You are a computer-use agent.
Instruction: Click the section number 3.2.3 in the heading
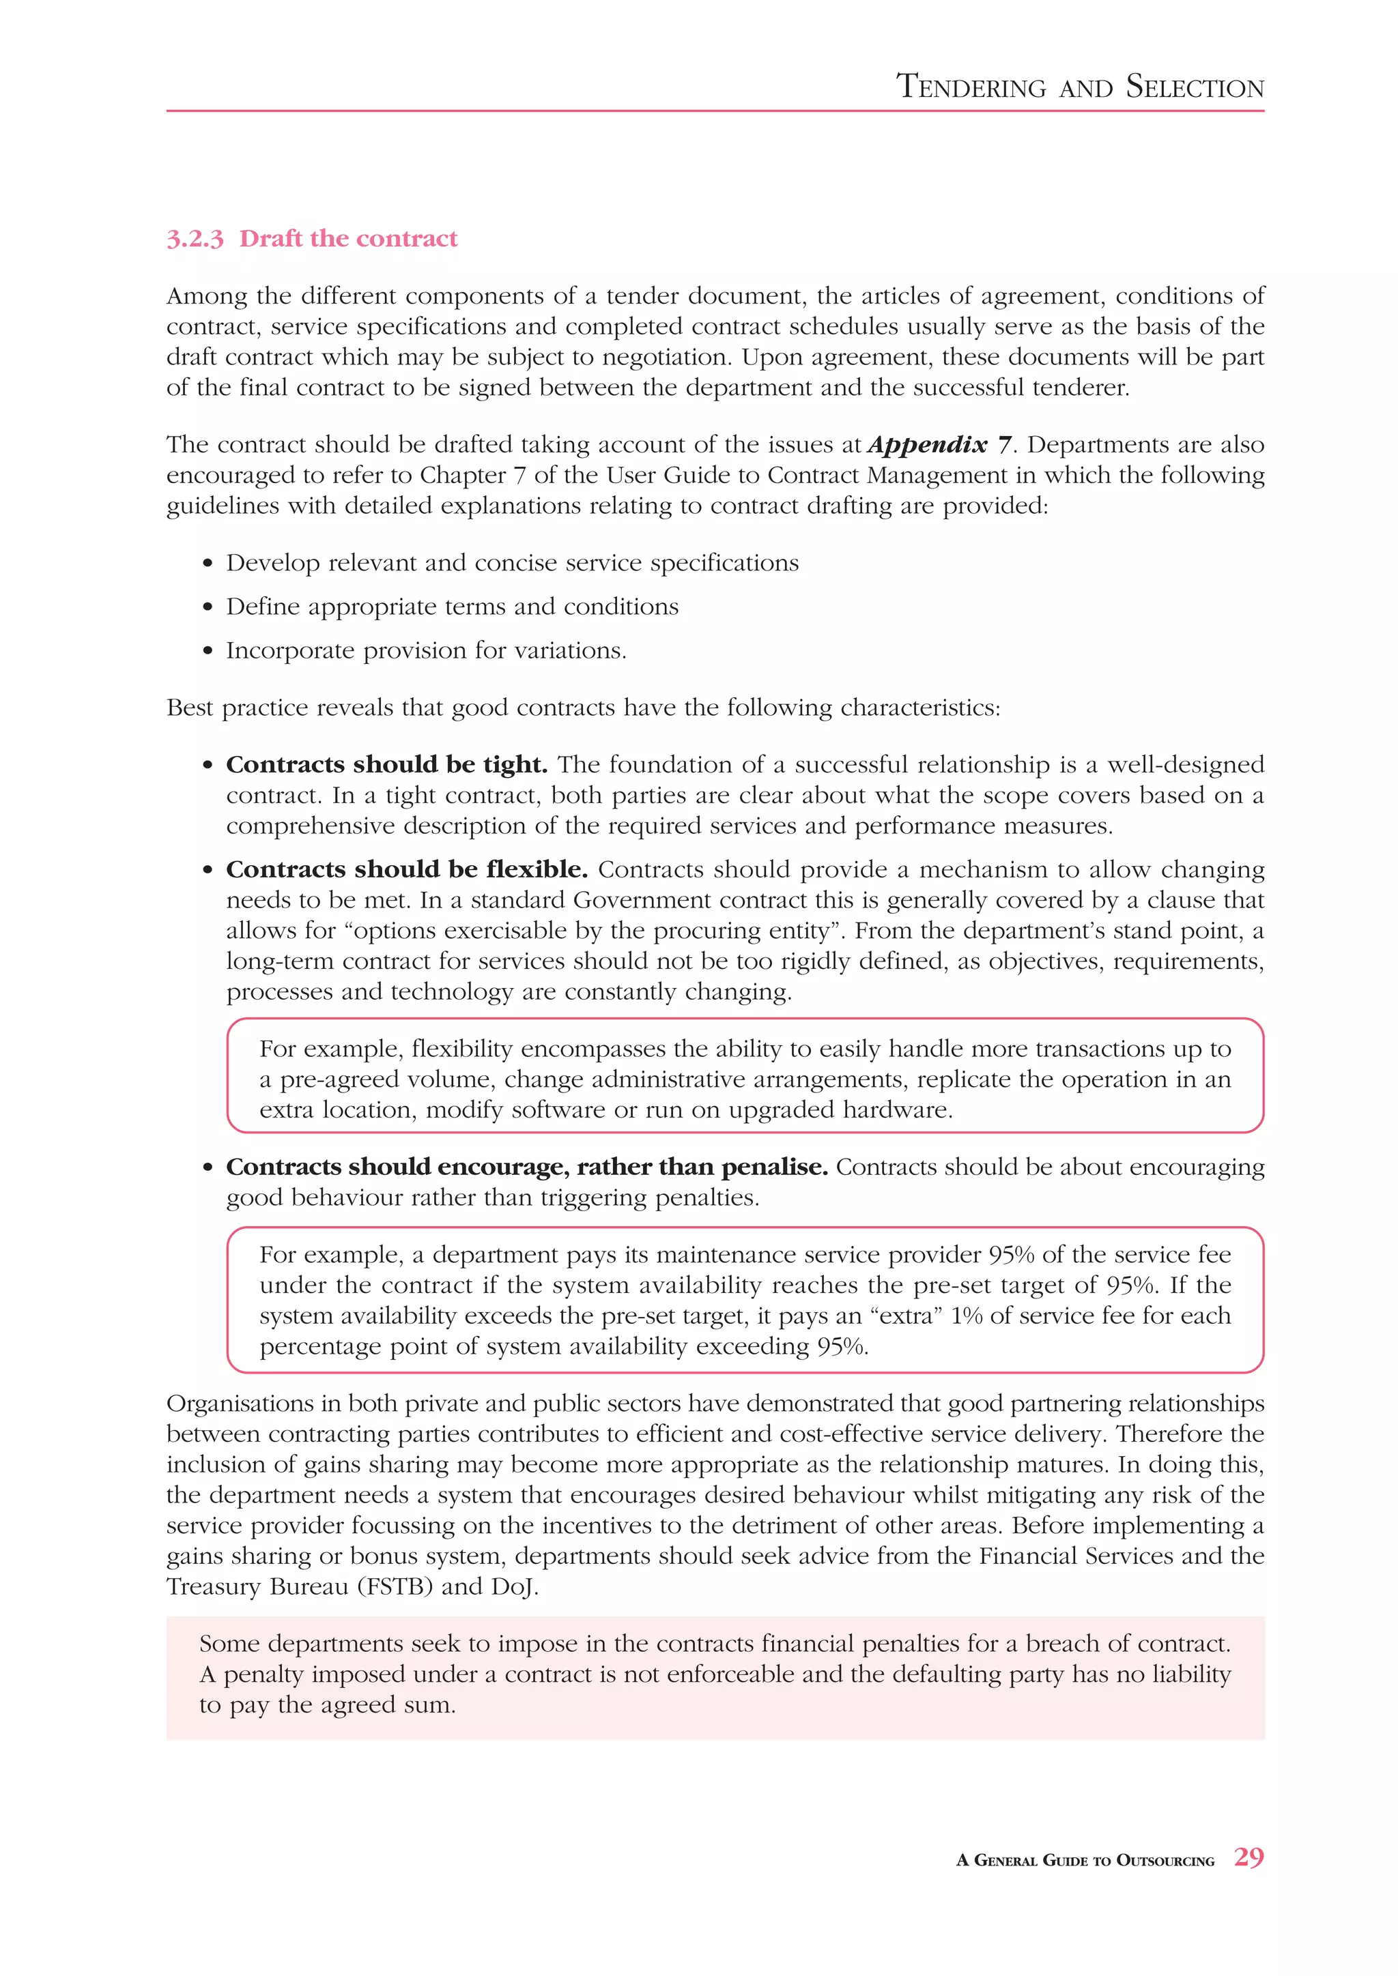pyautogui.click(x=195, y=239)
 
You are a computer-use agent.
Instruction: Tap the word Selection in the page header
pyautogui.click(x=1195, y=87)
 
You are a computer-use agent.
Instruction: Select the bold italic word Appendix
pyautogui.click(x=927, y=446)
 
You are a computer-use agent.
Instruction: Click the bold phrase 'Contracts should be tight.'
pyautogui.click(x=386, y=764)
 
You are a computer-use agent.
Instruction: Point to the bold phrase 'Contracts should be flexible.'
pyautogui.click(x=406, y=869)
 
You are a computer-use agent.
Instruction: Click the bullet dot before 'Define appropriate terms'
pyautogui.click(x=208, y=607)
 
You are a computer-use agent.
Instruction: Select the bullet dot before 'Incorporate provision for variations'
pyautogui.click(x=208, y=652)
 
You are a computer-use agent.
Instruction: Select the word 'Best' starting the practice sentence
pyautogui.click(x=189, y=708)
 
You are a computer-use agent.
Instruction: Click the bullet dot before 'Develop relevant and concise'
pyautogui.click(x=208, y=564)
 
